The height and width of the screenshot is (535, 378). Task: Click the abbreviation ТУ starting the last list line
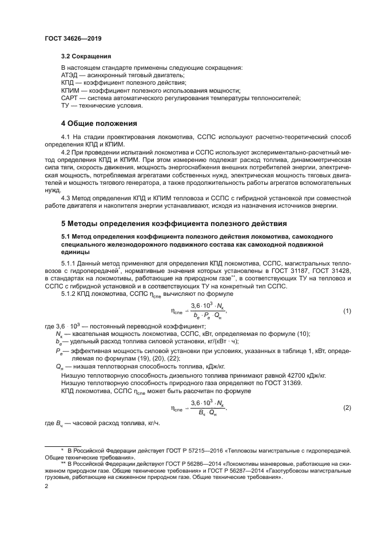65,106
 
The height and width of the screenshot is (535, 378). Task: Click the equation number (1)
346,311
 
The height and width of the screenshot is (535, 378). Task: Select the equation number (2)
346,407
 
